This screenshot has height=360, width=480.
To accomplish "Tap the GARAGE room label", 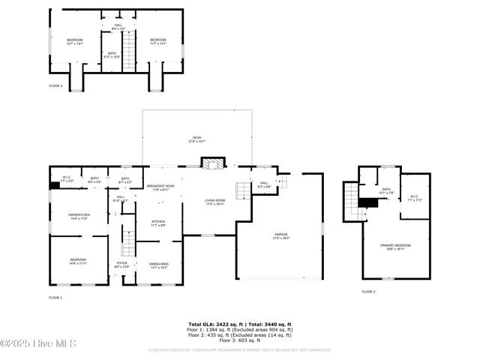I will [x=281, y=235].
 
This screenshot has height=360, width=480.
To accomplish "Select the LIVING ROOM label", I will [x=214, y=202].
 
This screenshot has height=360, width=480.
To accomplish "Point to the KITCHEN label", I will [x=158, y=223].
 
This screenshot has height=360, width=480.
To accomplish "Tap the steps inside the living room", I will [x=242, y=191].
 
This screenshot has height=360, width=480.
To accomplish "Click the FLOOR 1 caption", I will [x=55, y=298].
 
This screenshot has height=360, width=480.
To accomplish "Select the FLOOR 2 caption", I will [x=369, y=291].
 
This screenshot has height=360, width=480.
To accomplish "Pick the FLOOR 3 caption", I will [x=55, y=86].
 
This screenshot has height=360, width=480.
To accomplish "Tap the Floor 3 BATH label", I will [x=112, y=55].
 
